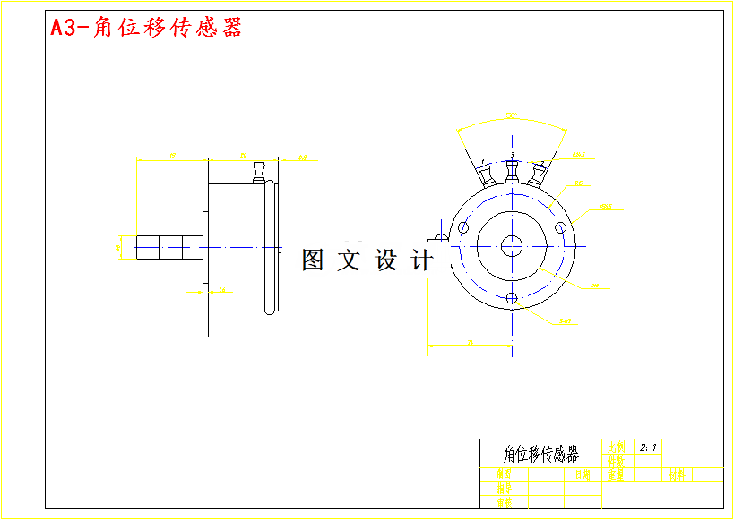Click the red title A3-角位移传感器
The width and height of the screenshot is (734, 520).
point(146,28)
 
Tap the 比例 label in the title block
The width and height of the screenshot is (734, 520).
point(617,446)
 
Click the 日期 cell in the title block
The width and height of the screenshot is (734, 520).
point(583,474)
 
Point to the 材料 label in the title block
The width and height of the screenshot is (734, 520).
point(677,474)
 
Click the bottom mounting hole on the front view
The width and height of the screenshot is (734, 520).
point(512,298)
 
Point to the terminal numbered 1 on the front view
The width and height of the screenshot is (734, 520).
point(488,175)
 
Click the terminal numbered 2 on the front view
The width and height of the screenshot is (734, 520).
point(538,175)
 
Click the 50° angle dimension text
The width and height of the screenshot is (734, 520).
point(510,115)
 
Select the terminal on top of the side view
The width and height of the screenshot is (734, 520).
point(260,172)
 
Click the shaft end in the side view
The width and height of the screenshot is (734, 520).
point(141,248)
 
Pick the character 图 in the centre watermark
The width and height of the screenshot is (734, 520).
point(312,260)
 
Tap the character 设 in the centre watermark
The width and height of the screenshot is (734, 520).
point(385,260)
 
